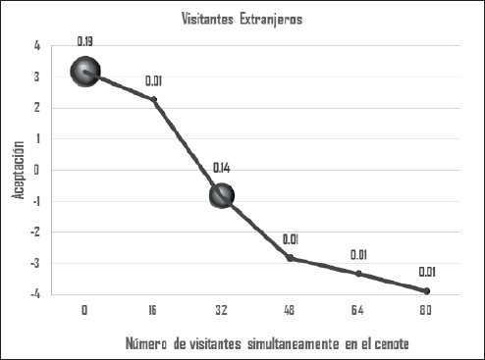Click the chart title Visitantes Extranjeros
click(242, 19)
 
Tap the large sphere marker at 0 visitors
click(85, 72)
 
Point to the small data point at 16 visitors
click(153, 99)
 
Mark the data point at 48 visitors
click(290, 258)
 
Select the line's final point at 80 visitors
click(427, 290)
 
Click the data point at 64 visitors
click(358, 274)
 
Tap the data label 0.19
click(85, 41)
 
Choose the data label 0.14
click(222, 168)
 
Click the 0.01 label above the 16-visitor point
click(153, 81)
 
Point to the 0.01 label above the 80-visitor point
click(427, 272)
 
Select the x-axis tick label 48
click(290, 310)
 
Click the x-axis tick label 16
click(153, 310)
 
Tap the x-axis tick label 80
click(427, 310)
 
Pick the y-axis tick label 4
click(36, 46)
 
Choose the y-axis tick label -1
click(34, 200)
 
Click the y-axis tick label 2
click(36, 108)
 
